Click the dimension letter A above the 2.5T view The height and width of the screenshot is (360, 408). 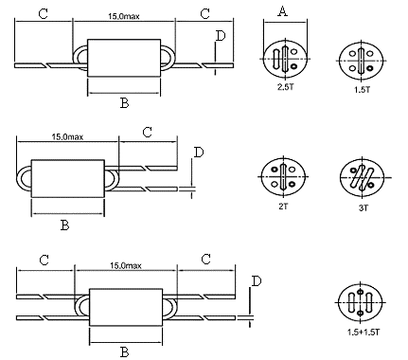pos(283,11)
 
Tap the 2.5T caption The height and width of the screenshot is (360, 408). pos(286,87)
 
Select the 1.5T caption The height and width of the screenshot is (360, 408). pos(362,89)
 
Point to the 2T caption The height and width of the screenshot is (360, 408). pos(283,207)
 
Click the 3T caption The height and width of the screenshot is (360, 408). pos(364,207)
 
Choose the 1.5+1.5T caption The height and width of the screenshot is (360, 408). pos(364,333)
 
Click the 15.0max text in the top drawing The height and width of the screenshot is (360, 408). pos(124,16)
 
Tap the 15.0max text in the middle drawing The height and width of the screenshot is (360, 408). pos(67,136)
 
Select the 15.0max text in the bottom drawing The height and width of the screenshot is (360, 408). pos(126,265)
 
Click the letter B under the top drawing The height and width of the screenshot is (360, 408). pos(125,103)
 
